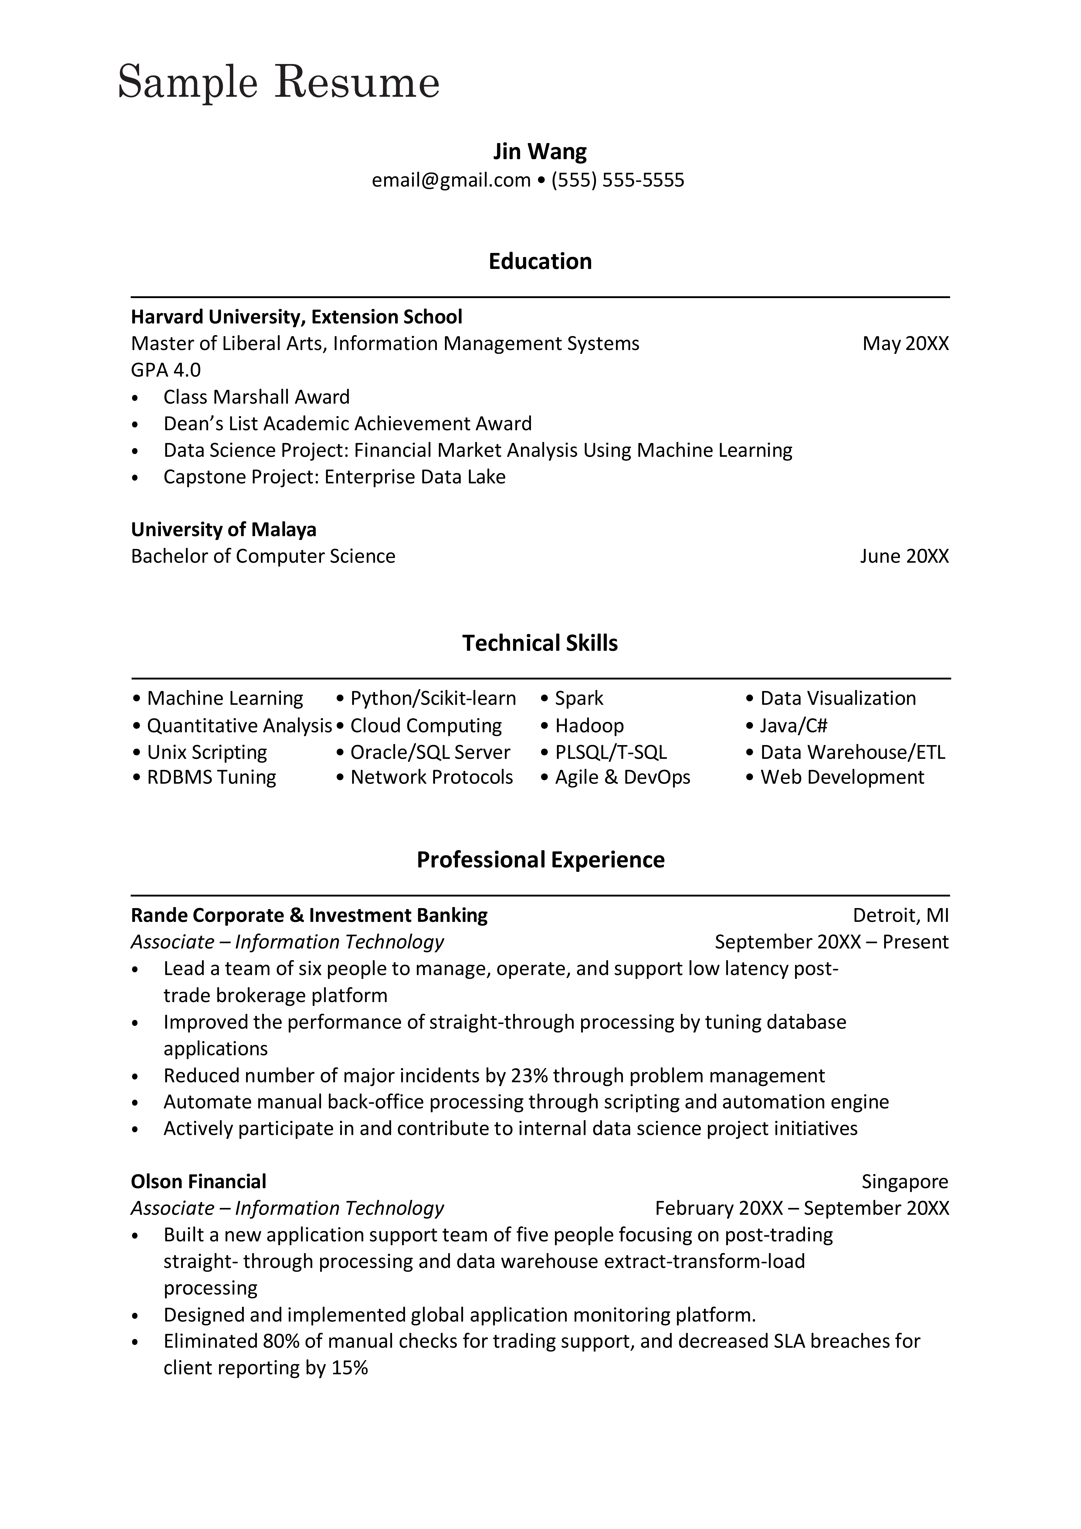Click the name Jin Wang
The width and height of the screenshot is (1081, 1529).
tap(540, 152)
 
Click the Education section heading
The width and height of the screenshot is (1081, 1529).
tap(540, 261)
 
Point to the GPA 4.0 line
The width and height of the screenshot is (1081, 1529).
tap(166, 370)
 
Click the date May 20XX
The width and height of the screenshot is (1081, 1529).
tap(905, 344)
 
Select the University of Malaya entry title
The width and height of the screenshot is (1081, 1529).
tap(224, 529)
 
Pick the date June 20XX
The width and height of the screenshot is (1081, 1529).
tap(904, 556)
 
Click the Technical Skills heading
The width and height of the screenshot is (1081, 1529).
tap(540, 643)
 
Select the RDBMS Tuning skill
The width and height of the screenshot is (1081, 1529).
tap(211, 777)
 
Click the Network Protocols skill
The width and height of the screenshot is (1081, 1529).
tap(431, 777)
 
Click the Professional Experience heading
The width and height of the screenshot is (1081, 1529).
tap(540, 860)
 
